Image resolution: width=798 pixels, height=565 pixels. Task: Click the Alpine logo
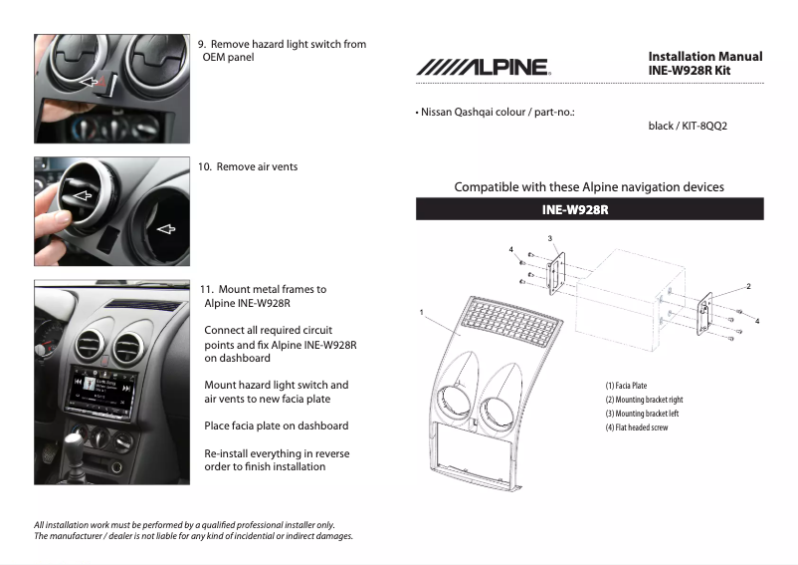point(483,68)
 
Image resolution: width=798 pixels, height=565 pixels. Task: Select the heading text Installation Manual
point(704,57)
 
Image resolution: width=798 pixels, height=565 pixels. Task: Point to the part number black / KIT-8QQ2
point(688,127)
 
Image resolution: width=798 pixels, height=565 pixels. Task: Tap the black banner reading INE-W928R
point(589,209)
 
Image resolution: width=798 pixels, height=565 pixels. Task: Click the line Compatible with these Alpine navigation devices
point(589,186)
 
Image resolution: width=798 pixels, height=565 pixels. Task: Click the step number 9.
point(201,45)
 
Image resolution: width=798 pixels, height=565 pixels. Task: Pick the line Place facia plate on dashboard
point(276,425)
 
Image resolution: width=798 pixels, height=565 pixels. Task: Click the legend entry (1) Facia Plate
point(626,386)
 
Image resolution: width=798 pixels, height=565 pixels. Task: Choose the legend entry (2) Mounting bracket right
point(644,400)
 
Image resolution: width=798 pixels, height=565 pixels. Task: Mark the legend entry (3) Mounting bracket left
point(642,414)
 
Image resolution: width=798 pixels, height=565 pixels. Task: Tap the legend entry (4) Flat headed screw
point(636,427)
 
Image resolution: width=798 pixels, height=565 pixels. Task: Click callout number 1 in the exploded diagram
point(422,312)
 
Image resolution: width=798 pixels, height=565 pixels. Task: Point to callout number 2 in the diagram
point(748,286)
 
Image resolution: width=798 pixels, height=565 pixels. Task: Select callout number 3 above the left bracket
point(549,238)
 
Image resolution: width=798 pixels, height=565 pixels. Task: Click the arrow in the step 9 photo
point(91,81)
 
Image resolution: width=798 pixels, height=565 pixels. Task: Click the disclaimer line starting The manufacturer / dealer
point(193,536)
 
